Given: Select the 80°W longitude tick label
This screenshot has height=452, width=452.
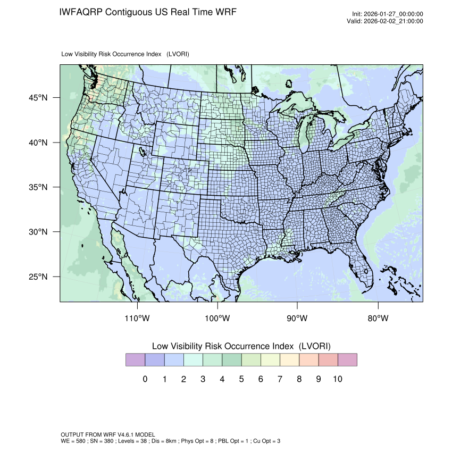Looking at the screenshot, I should pos(378,318).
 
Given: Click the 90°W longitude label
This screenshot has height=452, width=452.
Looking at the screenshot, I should pos(298,318).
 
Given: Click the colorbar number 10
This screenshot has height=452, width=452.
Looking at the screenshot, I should pos(337,379).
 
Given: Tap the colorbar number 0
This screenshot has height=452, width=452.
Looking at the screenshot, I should pos(145,379).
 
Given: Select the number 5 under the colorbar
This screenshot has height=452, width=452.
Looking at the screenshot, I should pos(241,379).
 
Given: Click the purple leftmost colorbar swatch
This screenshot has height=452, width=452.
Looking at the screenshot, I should pos(135,360).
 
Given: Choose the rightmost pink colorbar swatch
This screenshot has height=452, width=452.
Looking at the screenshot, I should pos(347,360).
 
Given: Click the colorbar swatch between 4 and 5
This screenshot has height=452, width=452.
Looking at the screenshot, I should pos(231,360).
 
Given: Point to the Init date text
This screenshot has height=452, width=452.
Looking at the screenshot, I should pos(388,14).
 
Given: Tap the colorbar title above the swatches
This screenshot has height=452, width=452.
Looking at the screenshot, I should pos(241,346).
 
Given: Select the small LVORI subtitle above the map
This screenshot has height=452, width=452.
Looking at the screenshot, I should pos(125,54).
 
